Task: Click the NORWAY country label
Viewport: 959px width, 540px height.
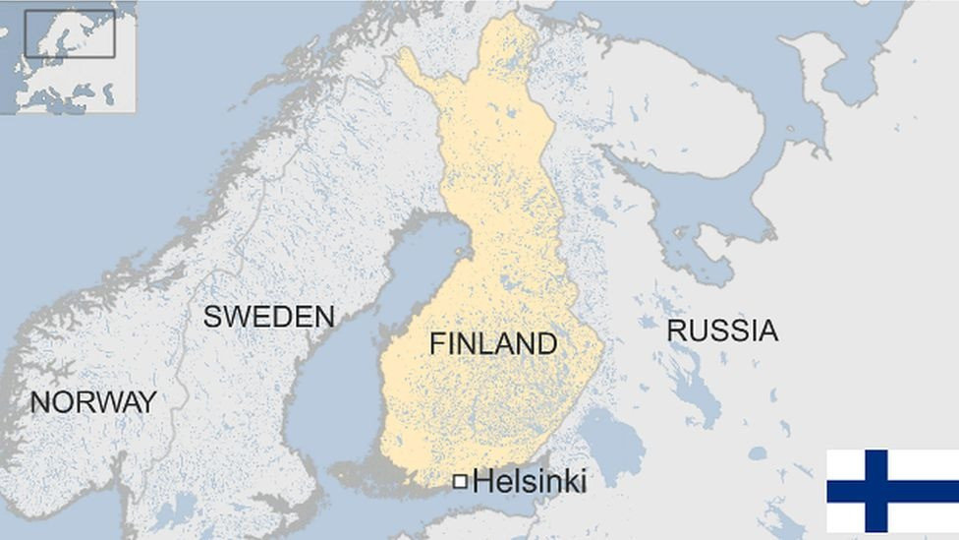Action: point(93,401)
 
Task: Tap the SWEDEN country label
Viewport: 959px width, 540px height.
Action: point(268,317)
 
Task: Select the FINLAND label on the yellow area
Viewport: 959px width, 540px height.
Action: point(493,343)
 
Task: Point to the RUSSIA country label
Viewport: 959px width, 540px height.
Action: point(722,330)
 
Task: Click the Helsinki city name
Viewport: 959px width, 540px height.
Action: point(529,481)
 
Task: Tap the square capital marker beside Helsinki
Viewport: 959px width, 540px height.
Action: point(460,481)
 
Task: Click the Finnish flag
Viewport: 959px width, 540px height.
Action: point(892,491)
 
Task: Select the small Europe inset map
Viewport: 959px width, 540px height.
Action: point(68,57)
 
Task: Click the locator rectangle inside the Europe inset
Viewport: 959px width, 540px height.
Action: point(70,33)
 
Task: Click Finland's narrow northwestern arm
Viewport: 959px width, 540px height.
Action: point(418,69)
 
